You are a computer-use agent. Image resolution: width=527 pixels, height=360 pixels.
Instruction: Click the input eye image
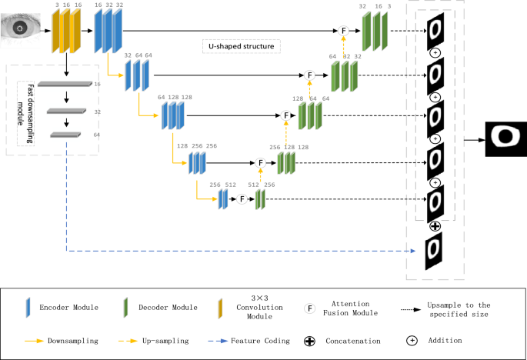tap(22, 28)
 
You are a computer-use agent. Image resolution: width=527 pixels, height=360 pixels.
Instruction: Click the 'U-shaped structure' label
tap(241, 47)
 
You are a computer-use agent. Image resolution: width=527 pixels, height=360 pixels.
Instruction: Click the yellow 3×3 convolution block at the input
tap(66, 32)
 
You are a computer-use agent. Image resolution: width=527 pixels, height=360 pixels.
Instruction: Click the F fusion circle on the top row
tap(345, 31)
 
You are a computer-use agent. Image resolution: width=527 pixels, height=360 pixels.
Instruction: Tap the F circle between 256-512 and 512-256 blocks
tap(241, 198)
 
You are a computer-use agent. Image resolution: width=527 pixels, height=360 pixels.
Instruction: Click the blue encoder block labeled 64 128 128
tap(172, 116)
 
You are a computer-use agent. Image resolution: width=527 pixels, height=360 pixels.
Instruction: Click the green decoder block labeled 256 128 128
tap(286, 163)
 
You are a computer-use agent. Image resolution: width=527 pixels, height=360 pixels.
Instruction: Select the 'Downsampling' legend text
tap(72, 339)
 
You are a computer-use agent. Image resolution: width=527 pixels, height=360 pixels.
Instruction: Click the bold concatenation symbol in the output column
tap(435, 226)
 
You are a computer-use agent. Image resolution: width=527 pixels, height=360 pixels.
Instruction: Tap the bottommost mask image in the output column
tap(435, 252)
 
